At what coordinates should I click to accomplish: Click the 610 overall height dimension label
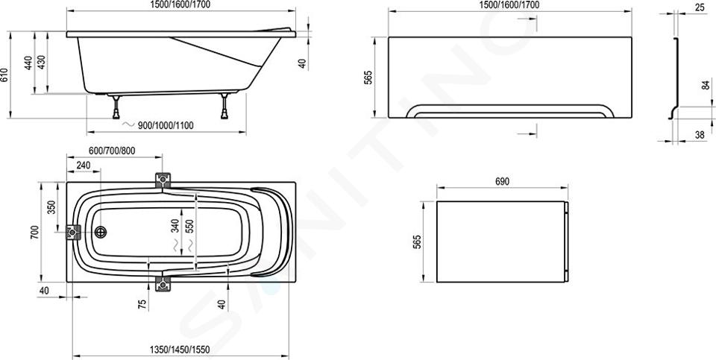point(4,75)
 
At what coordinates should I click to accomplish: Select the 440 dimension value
point(29,63)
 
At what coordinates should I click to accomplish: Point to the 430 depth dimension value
point(41,63)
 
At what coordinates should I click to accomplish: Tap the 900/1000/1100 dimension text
point(166,125)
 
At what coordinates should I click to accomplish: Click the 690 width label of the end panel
point(502,181)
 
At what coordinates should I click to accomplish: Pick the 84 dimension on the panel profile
point(706,84)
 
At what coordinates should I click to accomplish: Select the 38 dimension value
point(700,135)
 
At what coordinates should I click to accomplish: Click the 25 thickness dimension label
point(700,7)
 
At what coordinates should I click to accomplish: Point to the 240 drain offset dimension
point(83,165)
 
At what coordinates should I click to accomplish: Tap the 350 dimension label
point(51,208)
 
